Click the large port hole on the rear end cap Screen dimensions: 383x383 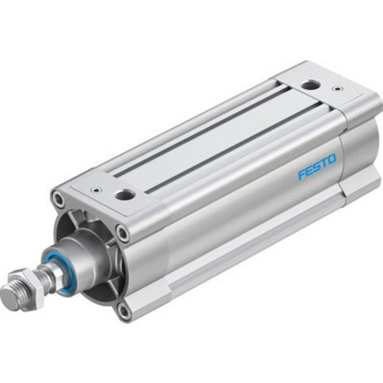click(x=311, y=84)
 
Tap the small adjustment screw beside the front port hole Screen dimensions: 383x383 click(x=96, y=190)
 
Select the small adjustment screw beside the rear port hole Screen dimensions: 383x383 click(x=337, y=88)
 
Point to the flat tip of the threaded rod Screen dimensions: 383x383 click(x=8, y=297)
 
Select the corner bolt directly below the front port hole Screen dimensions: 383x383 click(x=122, y=234)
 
